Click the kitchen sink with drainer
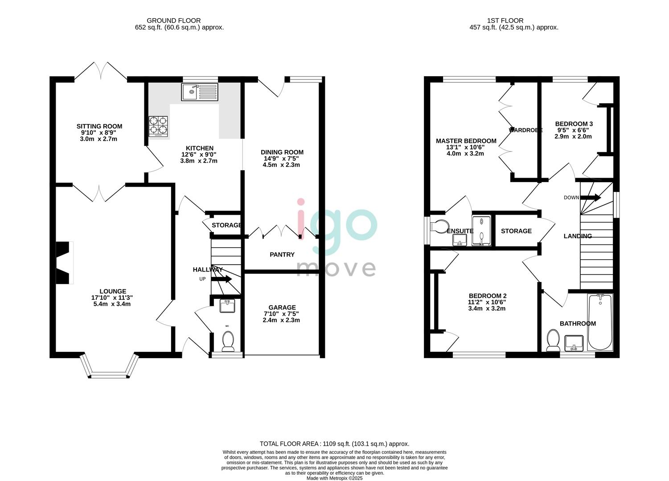point(200,92)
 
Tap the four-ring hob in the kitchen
point(158,126)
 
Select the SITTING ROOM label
point(99,126)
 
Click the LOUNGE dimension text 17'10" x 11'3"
point(112,298)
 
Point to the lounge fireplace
point(65,263)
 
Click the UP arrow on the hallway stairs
point(222,279)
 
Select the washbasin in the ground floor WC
point(227,306)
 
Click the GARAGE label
point(282,307)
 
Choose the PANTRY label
point(282,254)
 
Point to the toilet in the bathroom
point(553,340)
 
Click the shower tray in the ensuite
point(481,230)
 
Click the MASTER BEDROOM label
point(466,141)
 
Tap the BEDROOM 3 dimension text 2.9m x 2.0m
point(573,137)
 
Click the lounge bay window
point(109,367)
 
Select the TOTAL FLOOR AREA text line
point(334,444)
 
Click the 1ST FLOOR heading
point(505,20)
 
